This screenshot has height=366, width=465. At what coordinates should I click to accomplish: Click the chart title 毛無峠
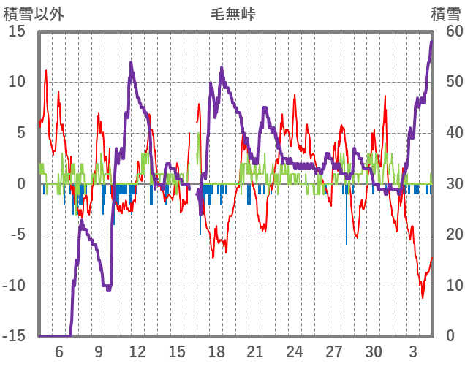coord(232,14)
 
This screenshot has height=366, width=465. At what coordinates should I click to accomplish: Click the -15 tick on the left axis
coord(15,336)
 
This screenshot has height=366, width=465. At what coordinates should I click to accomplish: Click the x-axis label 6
coord(59,351)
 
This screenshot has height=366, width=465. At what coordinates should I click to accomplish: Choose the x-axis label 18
coord(216,351)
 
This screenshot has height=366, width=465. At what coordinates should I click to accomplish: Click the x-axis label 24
coord(295,351)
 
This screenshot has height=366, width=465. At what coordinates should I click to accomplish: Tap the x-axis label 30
coord(374,351)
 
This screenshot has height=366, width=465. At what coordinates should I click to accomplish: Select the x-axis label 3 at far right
coord(413,351)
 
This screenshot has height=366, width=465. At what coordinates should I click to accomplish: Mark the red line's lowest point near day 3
coord(422,297)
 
